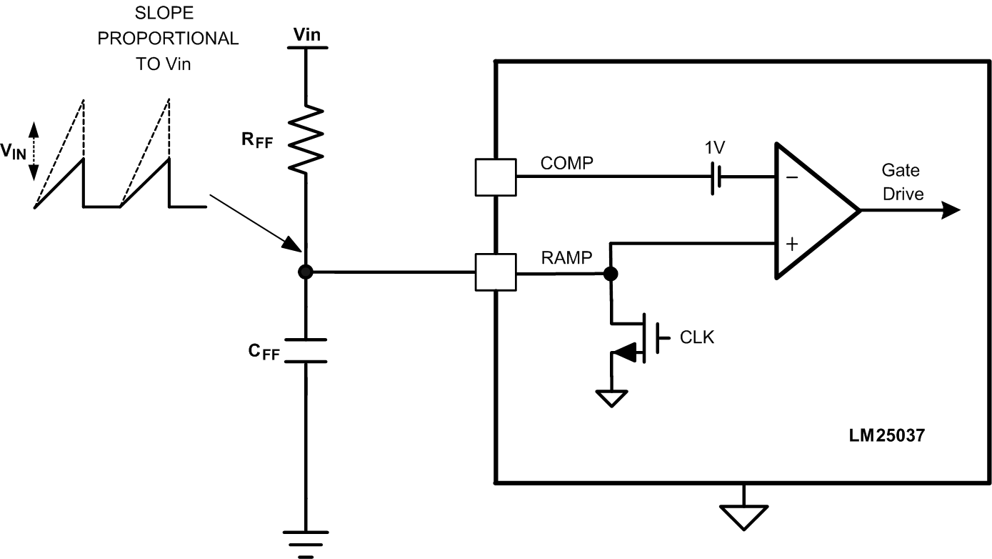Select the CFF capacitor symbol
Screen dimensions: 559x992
[306, 350]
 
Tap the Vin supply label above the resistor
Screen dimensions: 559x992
[307, 34]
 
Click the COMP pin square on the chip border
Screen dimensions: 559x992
[495, 177]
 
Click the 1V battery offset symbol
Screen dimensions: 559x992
[715, 177]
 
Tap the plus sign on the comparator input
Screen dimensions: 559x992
[791, 244]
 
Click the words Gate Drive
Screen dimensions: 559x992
[902, 182]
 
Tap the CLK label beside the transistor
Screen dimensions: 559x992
[696, 337]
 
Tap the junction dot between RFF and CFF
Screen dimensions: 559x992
[306, 272]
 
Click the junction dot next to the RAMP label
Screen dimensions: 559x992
[611, 273]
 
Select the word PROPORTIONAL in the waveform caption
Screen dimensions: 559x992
[168, 39]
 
